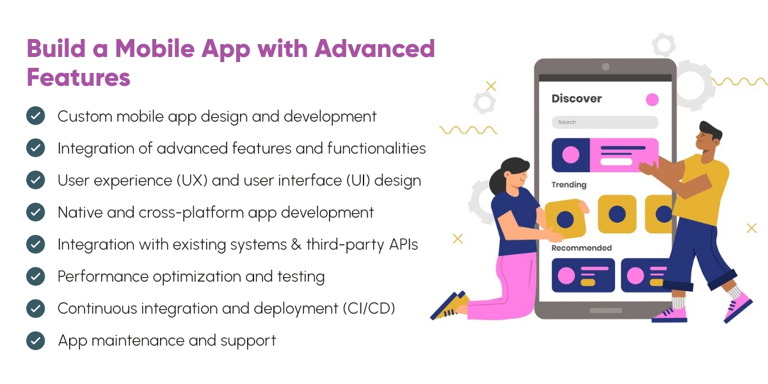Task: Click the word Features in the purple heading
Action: coord(78,77)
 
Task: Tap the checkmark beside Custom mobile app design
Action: coord(35,116)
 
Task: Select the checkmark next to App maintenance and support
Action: coord(35,340)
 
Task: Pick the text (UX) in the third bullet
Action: coord(187,180)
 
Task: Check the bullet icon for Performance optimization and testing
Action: coord(35,276)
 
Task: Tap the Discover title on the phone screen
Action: coord(577,99)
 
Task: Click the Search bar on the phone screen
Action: coord(605,122)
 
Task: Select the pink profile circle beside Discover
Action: coord(652,99)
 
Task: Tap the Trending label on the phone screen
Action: coord(569,185)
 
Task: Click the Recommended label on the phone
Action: coord(582,248)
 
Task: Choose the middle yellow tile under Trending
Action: coord(617,214)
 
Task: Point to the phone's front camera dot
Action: coord(605,67)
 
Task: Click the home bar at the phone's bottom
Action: coord(605,310)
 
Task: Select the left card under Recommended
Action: coord(583,275)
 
